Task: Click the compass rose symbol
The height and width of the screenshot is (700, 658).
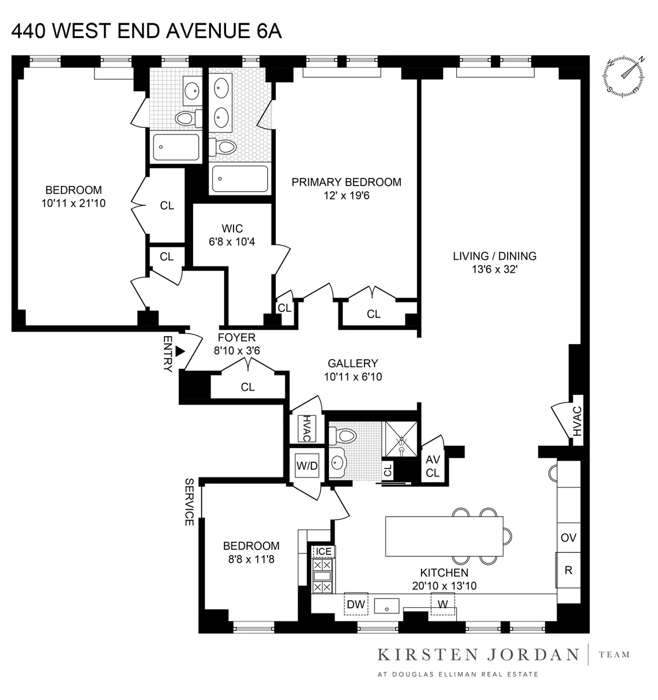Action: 624,76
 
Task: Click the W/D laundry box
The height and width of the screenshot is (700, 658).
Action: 307,466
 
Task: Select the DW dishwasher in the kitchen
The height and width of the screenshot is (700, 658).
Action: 356,604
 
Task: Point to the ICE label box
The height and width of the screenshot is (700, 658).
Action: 324,551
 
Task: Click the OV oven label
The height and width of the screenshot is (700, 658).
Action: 569,538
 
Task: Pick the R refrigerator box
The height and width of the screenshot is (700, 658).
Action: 569,570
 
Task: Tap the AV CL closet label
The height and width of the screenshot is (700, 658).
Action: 433,467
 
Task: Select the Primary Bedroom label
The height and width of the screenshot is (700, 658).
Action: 346,182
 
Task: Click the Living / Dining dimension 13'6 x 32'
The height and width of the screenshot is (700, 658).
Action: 495,270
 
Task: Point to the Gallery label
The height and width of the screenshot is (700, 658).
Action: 353,363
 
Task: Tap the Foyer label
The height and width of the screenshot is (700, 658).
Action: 236,338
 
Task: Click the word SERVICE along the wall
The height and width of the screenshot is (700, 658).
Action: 189,502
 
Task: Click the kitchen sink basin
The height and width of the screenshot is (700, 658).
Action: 388,607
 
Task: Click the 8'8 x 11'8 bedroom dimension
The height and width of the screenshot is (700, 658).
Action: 251,560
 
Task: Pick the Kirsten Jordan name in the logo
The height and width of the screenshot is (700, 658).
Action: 478,654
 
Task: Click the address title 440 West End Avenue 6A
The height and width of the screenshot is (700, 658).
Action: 146,31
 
